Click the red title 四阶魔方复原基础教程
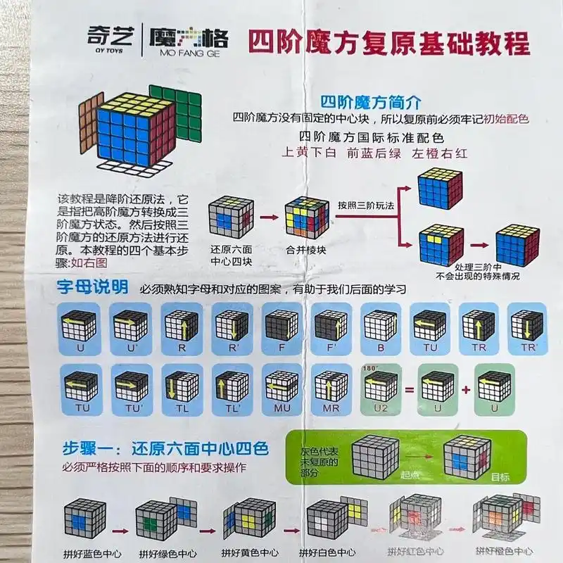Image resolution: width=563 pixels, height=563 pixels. point(388,42)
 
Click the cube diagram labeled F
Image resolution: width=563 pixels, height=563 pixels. point(281,327)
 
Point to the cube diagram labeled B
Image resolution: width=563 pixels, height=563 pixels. point(380,327)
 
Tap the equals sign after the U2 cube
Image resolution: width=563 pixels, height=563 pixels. point(410,389)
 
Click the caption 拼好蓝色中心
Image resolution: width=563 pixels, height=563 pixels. point(84,552)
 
